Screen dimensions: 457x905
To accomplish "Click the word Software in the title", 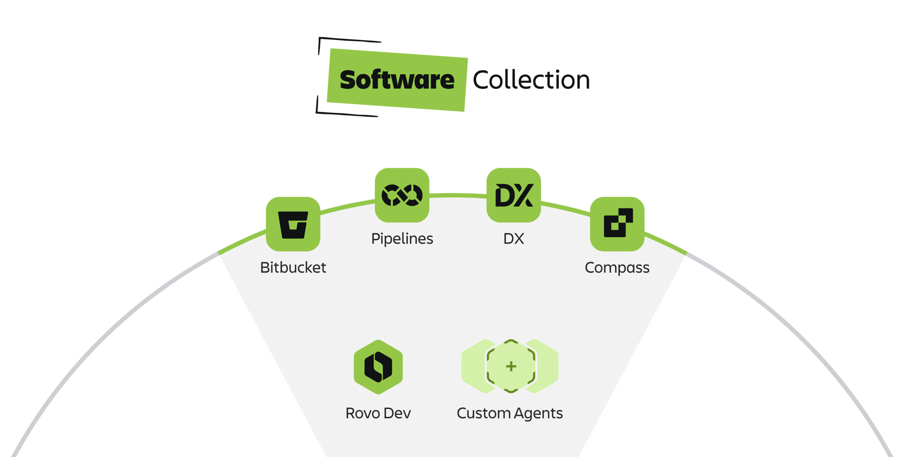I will coord(397,80).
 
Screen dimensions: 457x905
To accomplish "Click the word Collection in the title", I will coord(531,80).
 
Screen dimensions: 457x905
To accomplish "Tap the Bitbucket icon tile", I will coord(293,224).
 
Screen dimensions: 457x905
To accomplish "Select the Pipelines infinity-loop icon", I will coord(402,195).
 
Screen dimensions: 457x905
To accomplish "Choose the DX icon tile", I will coord(514,195).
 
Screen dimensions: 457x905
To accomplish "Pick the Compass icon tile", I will coord(617,224).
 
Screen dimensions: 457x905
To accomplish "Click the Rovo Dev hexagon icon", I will coord(378,366).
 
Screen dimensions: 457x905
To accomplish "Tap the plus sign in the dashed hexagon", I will coord(511,366).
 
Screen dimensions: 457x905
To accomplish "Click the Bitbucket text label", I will coord(293,267).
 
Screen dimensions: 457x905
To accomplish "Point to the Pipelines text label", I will coord(402,239).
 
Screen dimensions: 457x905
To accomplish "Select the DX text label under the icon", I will coord(514,239).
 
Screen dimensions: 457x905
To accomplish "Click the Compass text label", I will coord(617,268).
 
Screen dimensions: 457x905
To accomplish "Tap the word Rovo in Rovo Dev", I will coord(362,413).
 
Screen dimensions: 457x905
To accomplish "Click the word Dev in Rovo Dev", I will coord(397,413).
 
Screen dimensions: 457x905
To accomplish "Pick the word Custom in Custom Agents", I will coord(483,413).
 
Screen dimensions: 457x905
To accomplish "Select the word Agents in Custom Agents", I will coord(538,413).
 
